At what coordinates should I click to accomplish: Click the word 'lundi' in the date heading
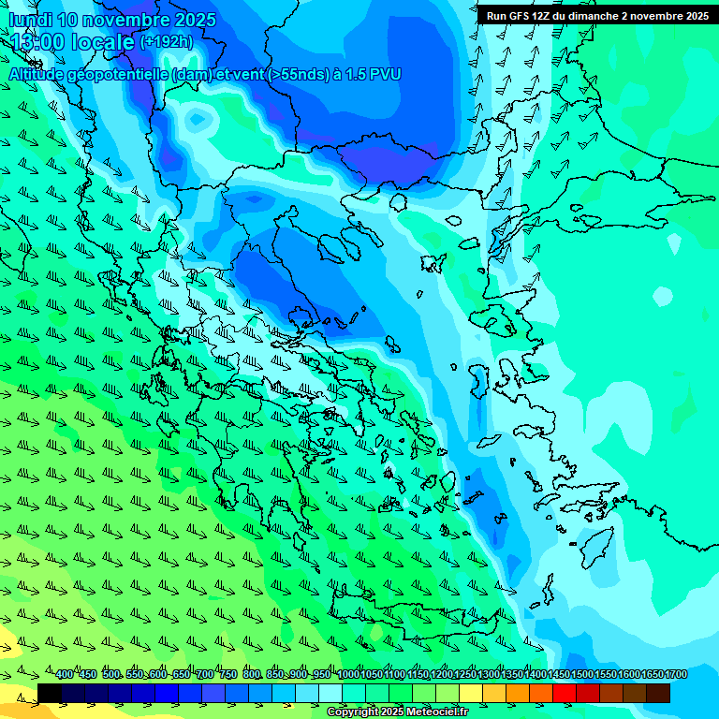pos(30,20)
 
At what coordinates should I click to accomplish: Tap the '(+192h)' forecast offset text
pos(166,42)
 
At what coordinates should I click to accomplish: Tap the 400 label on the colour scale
pos(65,675)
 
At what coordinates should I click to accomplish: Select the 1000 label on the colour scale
pos(347,675)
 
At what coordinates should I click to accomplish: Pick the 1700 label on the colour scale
pos(675,675)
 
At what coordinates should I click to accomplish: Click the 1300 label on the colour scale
pos(488,675)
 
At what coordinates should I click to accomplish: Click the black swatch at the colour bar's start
pos(50,693)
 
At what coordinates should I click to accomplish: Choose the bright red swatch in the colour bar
pos(565,693)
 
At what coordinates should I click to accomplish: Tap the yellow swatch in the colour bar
pos(471,693)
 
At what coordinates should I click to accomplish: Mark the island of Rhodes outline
pos(595,547)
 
